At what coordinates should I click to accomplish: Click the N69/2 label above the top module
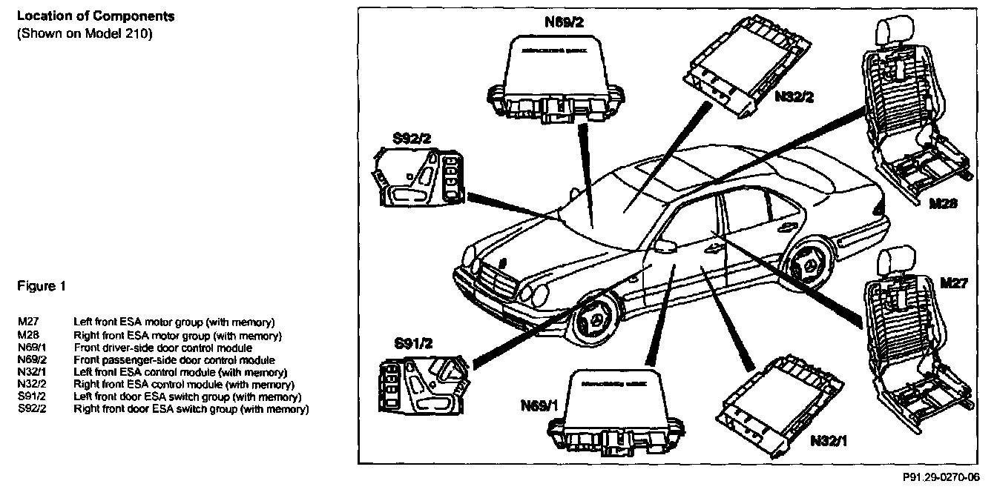coord(565,22)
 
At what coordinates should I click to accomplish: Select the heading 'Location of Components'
coord(96,16)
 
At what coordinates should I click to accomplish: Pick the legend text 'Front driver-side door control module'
coord(162,348)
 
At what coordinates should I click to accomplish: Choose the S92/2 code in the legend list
coord(32,409)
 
